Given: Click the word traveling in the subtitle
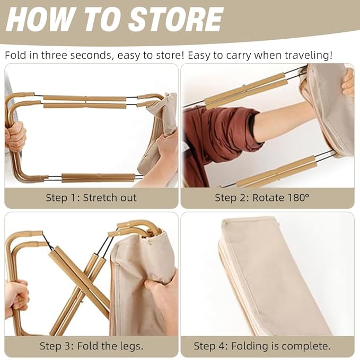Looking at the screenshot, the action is point(307,55).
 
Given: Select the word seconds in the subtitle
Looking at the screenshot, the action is point(92,55).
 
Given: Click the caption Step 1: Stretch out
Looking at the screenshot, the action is point(91,197).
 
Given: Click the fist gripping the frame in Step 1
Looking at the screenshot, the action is point(15,137).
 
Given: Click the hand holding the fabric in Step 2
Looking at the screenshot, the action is point(348,83).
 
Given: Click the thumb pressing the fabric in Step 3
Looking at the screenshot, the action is point(153,285).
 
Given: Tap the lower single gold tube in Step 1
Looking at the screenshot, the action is point(98,178).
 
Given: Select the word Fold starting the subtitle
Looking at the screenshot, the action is point(15,55).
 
